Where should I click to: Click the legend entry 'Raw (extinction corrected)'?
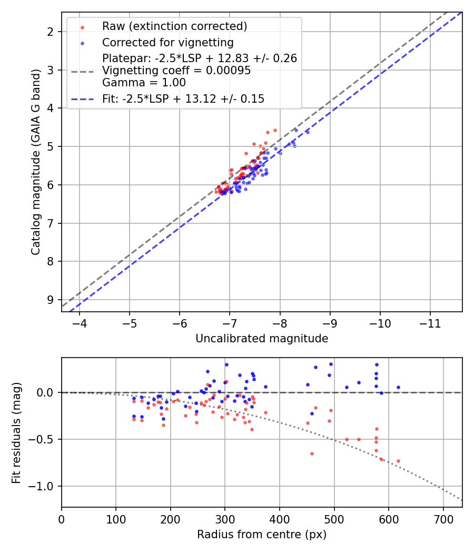[x=174, y=26]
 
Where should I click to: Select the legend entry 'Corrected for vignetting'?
[x=167, y=42]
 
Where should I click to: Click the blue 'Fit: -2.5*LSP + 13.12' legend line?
[x=84, y=98]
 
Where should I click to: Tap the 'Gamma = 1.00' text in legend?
[x=144, y=83]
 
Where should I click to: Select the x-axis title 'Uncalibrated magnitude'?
[x=262, y=339]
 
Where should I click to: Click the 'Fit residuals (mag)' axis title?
[x=16, y=432]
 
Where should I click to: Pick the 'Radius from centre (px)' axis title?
[x=262, y=535]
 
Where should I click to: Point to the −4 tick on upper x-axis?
[x=80, y=323]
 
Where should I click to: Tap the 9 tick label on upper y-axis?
[x=51, y=300]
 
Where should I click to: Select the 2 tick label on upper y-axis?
[x=51, y=32]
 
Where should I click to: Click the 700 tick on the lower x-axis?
[x=443, y=519]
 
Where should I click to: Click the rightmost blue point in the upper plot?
[x=308, y=132]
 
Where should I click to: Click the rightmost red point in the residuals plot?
[x=398, y=461]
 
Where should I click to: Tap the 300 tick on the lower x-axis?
[x=225, y=519]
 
